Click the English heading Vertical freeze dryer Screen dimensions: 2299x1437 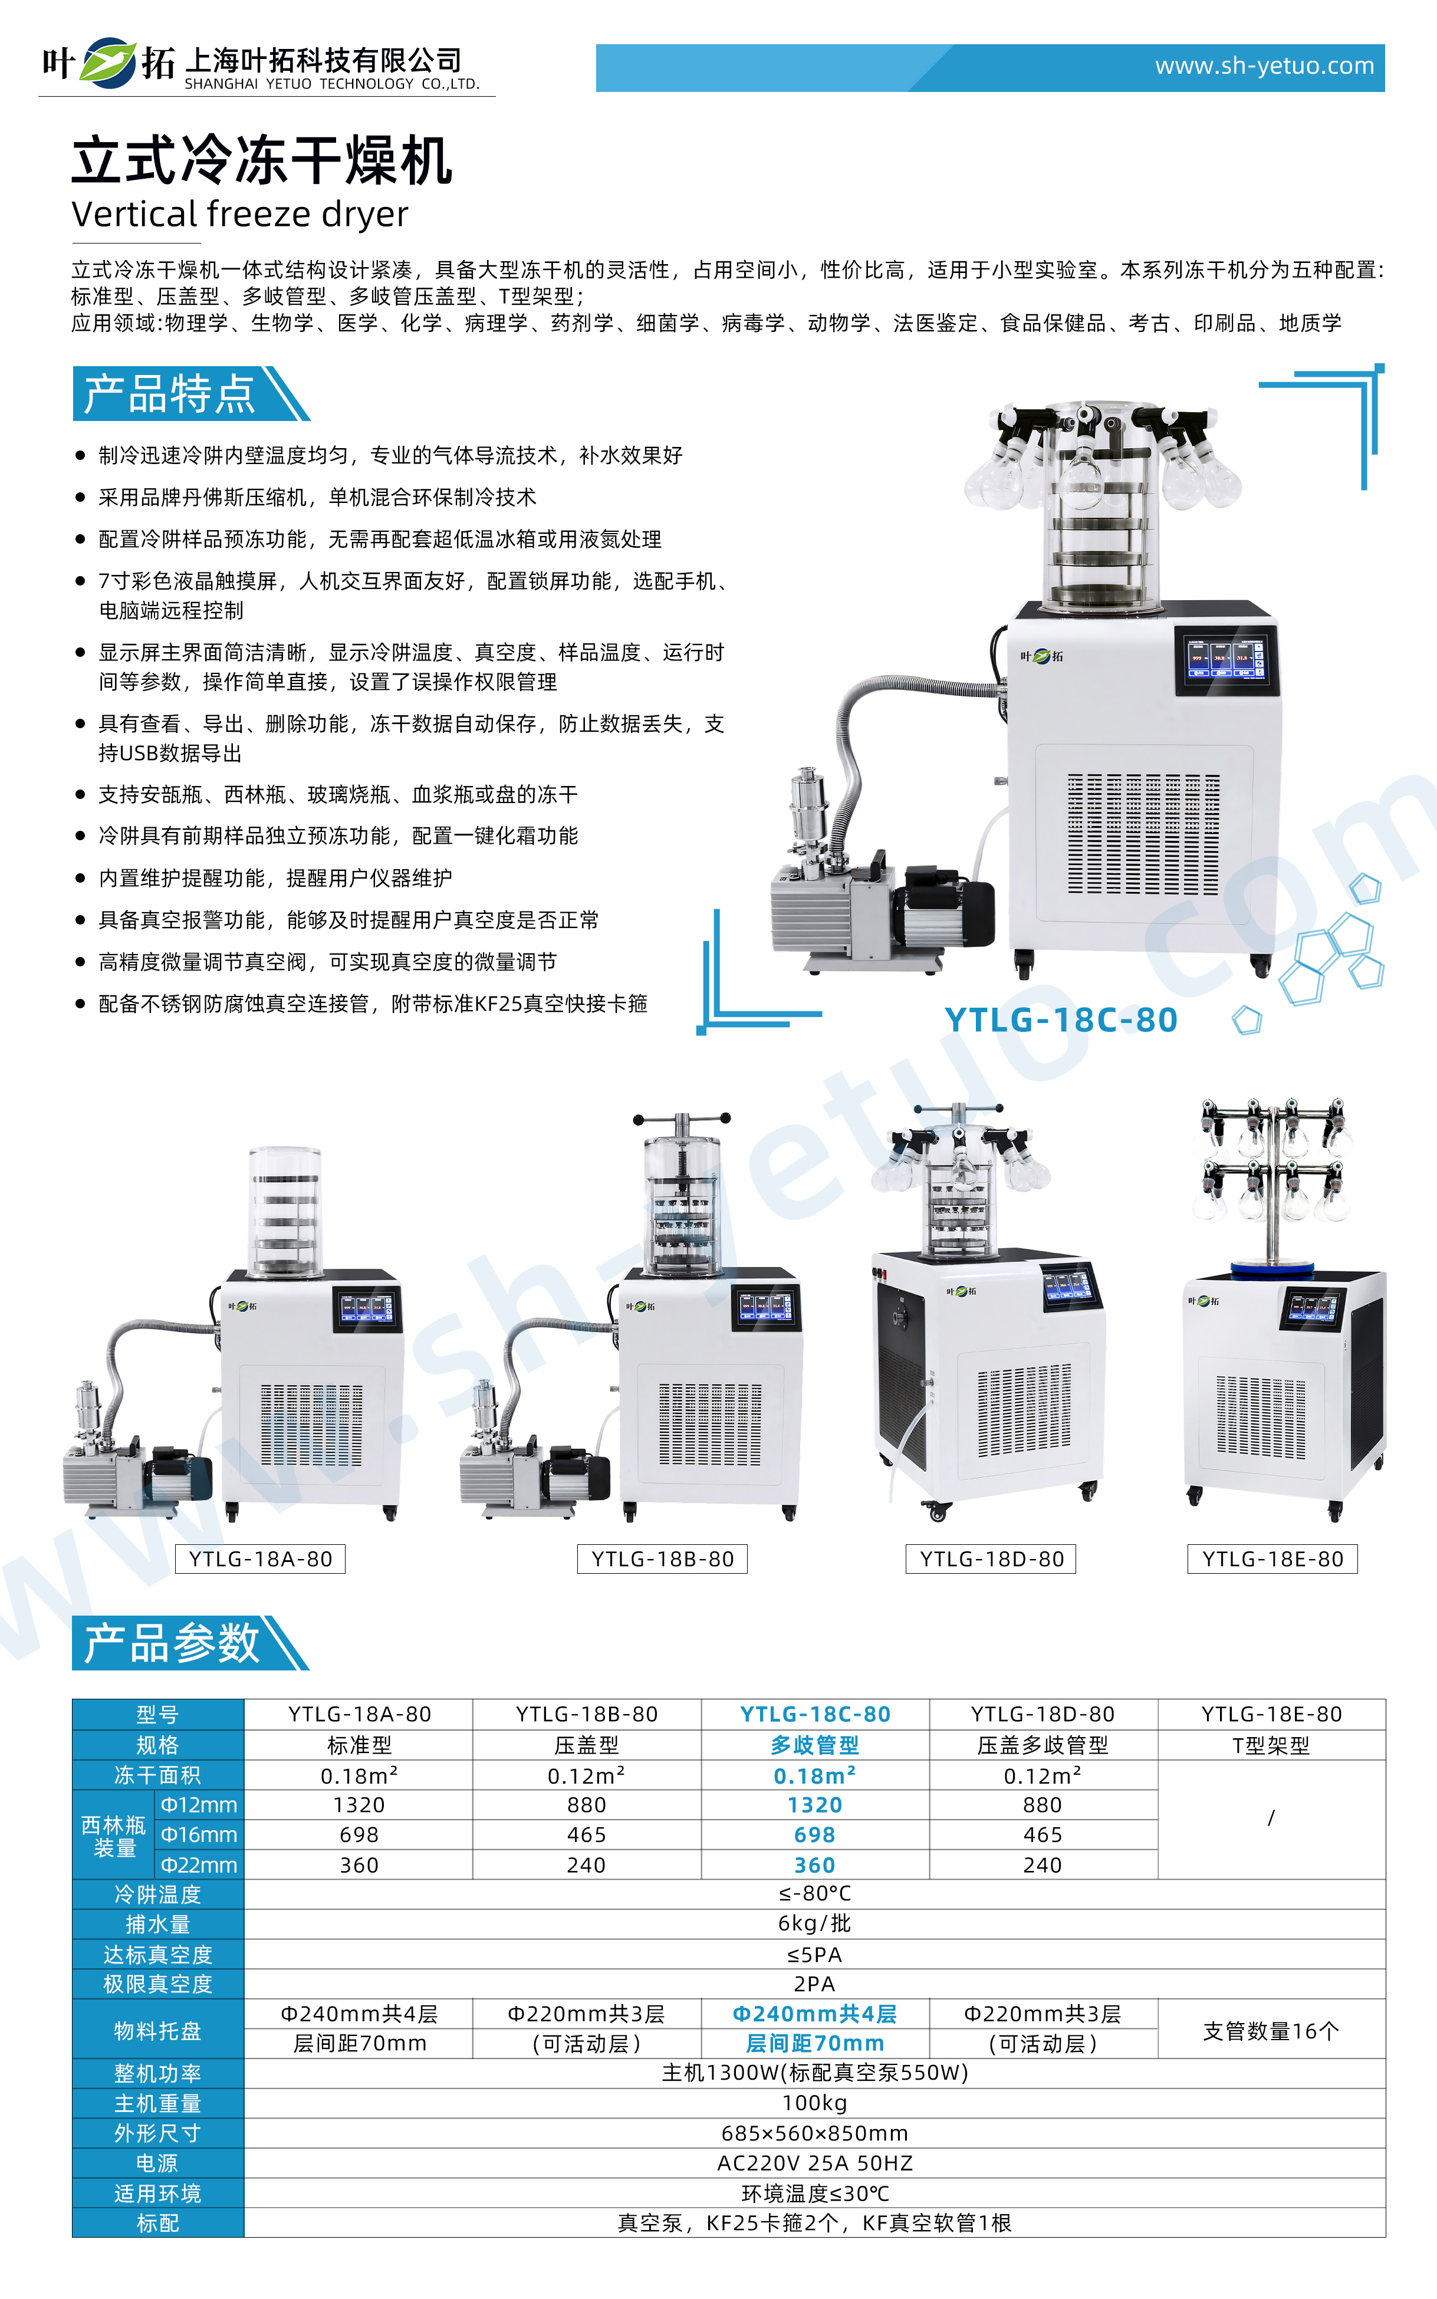coord(239,215)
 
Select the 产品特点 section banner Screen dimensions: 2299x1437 coord(180,393)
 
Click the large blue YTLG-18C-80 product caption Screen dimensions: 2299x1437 coord(1061,1019)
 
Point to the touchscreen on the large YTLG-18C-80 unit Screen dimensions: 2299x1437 coord(1225,657)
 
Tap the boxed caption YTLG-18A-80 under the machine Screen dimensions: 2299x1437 coord(261,1560)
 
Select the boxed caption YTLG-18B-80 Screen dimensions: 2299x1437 coord(662,1560)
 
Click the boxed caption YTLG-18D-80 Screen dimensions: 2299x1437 coord(991,1560)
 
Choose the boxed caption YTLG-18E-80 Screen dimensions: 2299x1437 coord(1272,1560)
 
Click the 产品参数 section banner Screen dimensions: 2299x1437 coord(180,1643)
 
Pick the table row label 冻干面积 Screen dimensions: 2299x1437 coord(158,1775)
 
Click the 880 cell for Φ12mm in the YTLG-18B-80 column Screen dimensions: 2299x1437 coord(586,1805)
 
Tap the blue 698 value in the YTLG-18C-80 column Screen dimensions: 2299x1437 coord(814,1835)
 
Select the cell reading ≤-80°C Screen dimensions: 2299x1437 coord(814,1893)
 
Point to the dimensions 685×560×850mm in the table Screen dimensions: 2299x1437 coord(814,2134)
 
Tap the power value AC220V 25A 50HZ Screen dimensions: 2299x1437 coord(814,2163)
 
